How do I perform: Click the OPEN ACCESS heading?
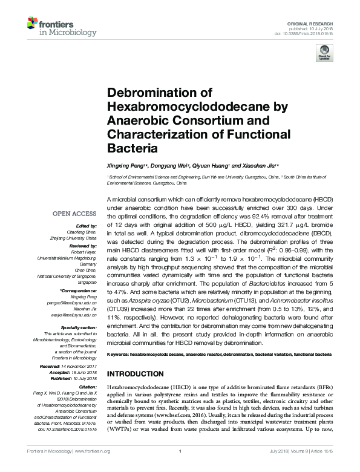click(x=74, y=213)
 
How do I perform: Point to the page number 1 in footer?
click(x=180, y=451)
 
